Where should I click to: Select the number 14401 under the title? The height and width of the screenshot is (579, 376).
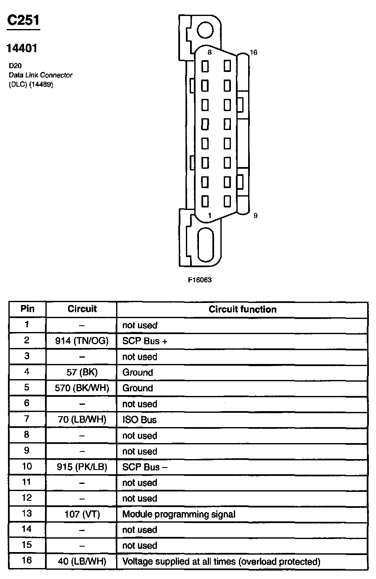click(x=21, y=48)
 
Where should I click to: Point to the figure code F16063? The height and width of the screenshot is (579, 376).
click(x=200, y=280)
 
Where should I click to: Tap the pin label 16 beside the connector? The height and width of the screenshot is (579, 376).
click(x=253, y=53)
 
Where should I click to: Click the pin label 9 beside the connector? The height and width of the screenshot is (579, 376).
click(x=255, y=216)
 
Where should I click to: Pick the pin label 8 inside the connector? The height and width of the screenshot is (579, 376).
click(x=209, y=53)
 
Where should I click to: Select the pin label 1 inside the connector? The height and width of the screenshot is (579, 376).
click(x=209, y=215)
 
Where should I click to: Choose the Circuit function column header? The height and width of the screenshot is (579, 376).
click(x=243, y=309)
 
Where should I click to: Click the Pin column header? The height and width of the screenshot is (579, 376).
click(x=27, y=309)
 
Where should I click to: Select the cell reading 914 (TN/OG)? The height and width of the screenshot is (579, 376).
click(x=82, y=341)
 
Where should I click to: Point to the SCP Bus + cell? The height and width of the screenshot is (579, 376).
click(x=145, y=341)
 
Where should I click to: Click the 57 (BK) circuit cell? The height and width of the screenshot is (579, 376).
click(x=82, y=372)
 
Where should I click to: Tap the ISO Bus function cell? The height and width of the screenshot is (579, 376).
click(x=140, y=420)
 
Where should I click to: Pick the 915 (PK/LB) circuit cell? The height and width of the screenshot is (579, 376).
click(x=82, y=467)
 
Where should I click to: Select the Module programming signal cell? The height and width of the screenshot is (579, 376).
click(x=179, y=514)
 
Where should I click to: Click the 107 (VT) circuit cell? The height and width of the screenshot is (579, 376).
click(x=82, y=514)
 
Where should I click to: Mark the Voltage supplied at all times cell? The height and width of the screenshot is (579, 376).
click(x=221, y=561)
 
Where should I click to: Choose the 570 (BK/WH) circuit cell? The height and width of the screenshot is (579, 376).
click(x=82, y=388)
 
